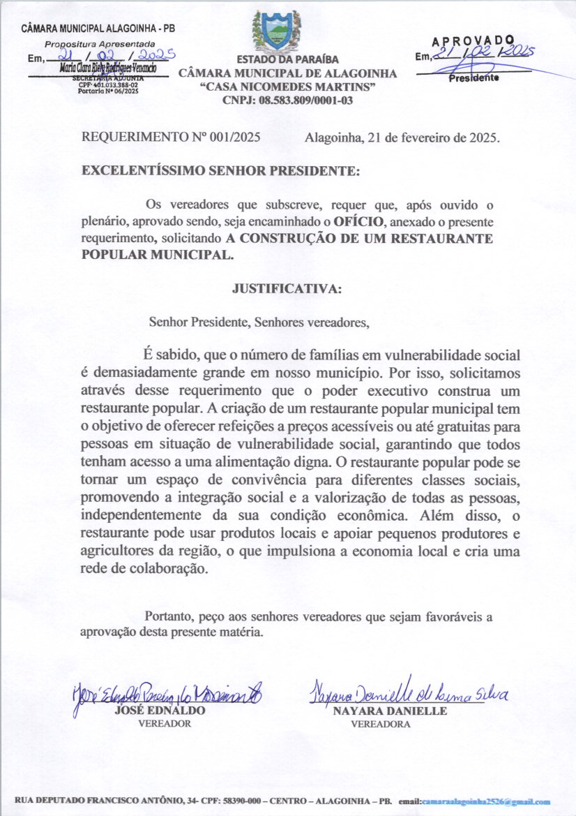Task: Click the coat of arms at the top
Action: (x=276, y=31)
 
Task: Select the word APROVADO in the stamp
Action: (x=473, y=41)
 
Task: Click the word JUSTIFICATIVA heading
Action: (x=287, y=288)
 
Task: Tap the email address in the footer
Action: (x=486, y=803)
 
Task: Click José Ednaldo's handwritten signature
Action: (x=167, y=694)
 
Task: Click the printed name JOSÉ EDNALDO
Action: (x=160, y=711)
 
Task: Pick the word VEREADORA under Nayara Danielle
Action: (x=381, y=725)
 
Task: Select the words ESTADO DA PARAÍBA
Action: (x=287, y=60)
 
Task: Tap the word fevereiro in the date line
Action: (x=425, y=138)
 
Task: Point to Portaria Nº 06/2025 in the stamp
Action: (x=94, y=91)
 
